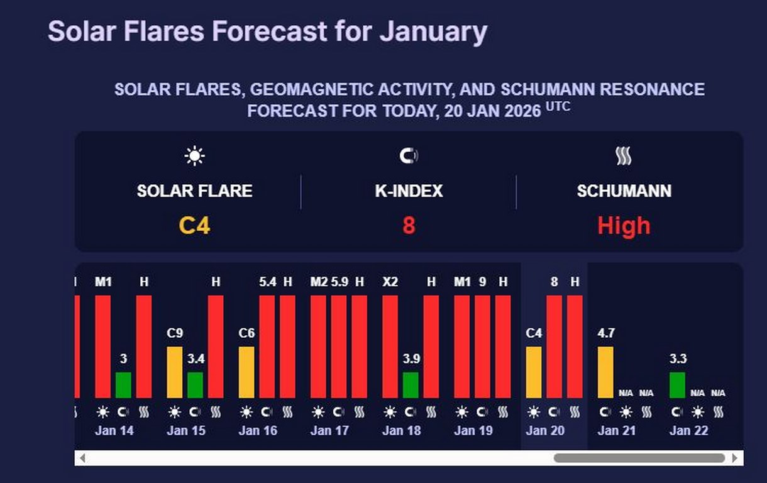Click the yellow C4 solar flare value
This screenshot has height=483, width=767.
[x=194, y=225]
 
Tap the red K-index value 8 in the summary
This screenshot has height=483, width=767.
[x=409, y=225]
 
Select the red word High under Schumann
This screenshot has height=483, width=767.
[x=624, y=225]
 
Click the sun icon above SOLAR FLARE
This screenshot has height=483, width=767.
[x=195, y=155]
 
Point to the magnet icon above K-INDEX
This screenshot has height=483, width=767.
[x=409, y=155]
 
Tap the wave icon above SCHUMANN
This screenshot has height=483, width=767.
[x=624, y=155]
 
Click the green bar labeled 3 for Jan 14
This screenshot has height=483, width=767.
[x=123, y=385]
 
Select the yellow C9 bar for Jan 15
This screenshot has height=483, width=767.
[x=175, y=372]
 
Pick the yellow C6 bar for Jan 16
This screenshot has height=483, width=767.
[x=246, y=372]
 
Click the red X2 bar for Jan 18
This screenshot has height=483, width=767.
[x=390, y=347]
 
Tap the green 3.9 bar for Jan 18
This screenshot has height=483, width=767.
[x=411, y=385]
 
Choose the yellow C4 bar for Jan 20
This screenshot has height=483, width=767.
[x=534, y=372]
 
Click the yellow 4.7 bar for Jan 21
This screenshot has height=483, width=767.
[x=605, y=372]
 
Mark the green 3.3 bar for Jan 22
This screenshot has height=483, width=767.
[x=677, y=385]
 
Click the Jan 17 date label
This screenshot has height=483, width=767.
[x=329, y=431]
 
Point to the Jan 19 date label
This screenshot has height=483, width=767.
[x=473, y=431]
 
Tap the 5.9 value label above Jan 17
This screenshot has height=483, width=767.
[x=339, y=282]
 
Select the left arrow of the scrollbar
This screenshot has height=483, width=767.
[x=82, y=458]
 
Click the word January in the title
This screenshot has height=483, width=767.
[x=433, y=31]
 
